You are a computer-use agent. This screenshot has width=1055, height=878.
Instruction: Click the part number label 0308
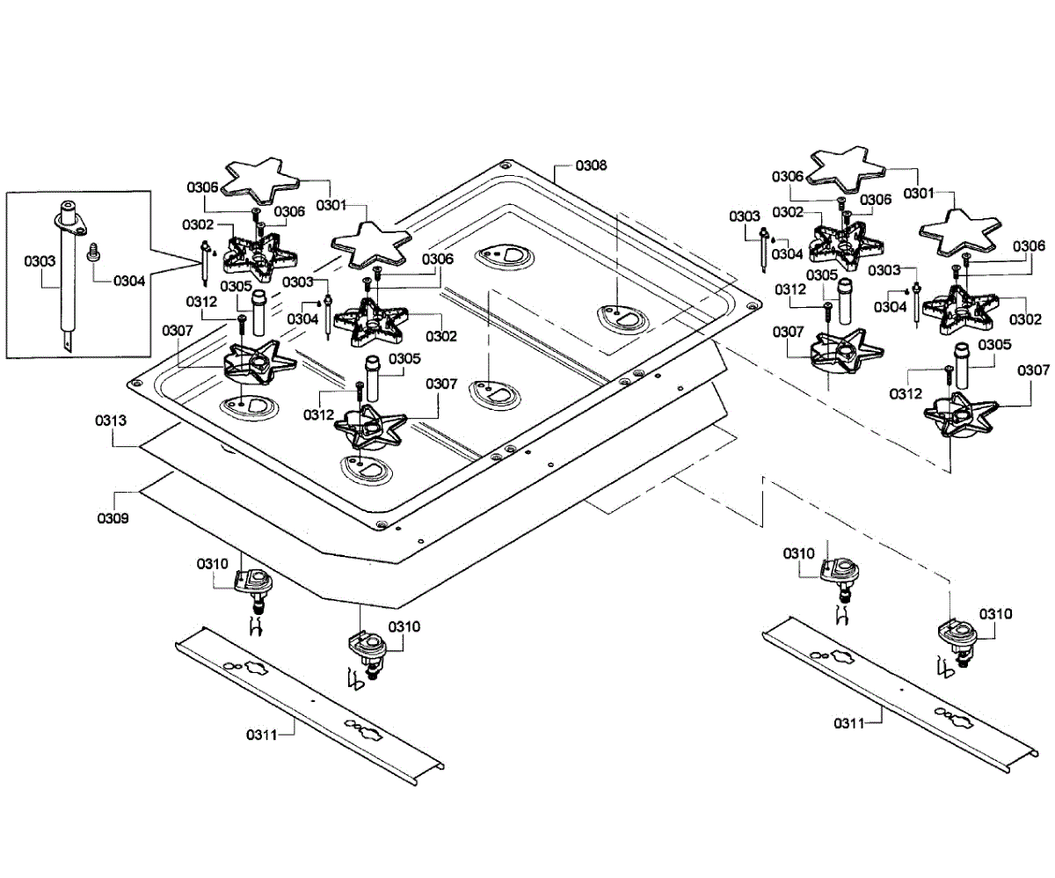point(591,165)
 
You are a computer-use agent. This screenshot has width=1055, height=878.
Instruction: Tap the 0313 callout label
point(112,421)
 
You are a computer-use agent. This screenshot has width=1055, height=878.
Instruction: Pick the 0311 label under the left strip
point(261,733)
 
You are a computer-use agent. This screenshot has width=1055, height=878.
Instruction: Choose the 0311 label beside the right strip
point(850,722)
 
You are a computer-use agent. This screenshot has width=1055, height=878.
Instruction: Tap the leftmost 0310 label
point(213,563)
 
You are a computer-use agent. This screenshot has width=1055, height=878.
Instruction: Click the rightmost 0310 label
point(996,613)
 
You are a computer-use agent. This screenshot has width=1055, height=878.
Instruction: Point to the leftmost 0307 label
point(177,330)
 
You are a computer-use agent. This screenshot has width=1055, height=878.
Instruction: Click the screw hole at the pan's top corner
point(505,165)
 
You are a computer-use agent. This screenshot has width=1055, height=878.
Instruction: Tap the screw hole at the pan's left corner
point(135,384)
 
